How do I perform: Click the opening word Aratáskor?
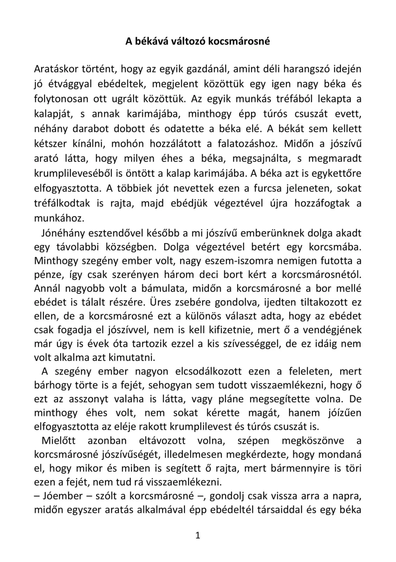(57, 69)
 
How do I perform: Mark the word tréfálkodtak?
(62, 203)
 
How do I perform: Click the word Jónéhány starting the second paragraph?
(63, 233)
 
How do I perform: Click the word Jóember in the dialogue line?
(63, 496)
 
